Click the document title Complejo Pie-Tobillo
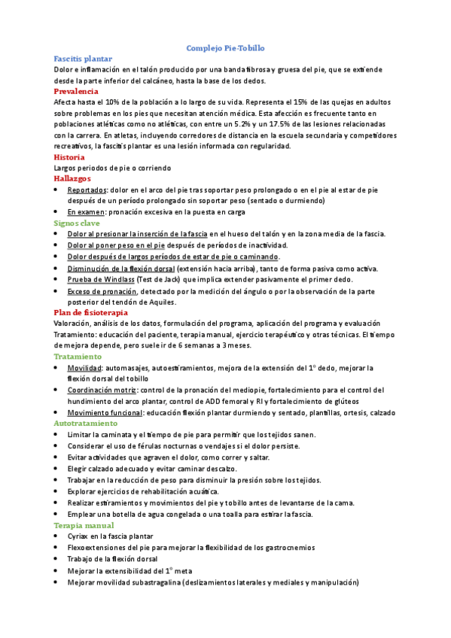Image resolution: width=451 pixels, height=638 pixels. tap(225, 47)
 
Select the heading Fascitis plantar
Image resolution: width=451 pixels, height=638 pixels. tap(84, 58)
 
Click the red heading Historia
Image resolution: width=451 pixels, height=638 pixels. tap(69, 157)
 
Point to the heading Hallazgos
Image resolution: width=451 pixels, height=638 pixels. tap(73, 179)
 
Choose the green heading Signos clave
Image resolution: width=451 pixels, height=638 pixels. tap(78, 223)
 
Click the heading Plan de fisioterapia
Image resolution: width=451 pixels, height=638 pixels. tap(91, 311)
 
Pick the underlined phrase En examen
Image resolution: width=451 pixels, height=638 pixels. tap(85, 212)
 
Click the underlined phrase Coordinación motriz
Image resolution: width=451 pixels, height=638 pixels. tap(102, 390)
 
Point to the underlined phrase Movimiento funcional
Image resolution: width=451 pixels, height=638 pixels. tap(103, 412)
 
